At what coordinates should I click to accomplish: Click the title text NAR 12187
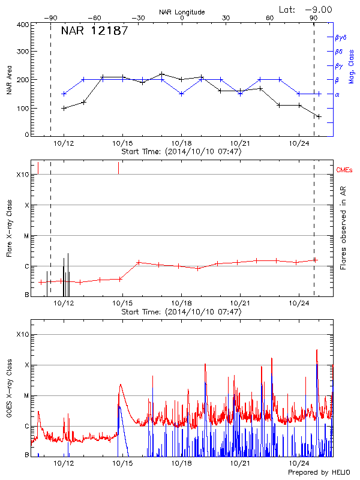point(94,31)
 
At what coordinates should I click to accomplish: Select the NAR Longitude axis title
point(182,12)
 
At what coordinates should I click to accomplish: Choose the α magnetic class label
point(337,94)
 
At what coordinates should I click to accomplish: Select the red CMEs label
point(344,171)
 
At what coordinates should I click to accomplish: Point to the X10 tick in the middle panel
point(23,175)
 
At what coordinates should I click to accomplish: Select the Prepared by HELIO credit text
point(322,473)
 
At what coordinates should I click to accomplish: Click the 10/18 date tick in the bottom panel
point(181,464)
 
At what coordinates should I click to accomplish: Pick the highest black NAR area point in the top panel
point(162,74)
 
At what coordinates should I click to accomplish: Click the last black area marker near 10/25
point(319,116)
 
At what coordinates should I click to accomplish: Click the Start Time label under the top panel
point(181,152)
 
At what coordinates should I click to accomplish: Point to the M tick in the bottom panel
point(26,396)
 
